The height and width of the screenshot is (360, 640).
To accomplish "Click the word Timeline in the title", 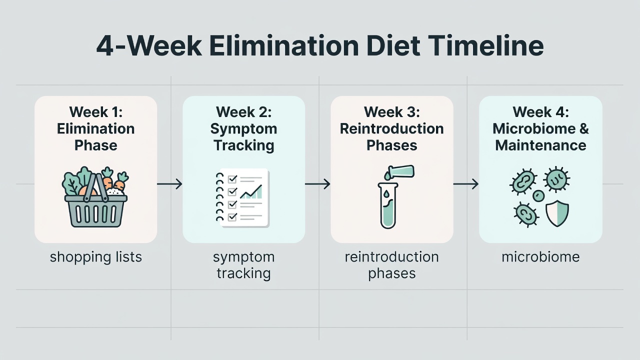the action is click(485, 46).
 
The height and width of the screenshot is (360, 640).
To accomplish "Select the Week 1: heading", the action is click(95, 111).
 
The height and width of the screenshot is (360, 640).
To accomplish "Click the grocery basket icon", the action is click(95, 197).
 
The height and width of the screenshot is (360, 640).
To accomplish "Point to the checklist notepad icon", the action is click(243, 198).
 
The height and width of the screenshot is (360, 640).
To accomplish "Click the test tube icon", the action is click(387, 205).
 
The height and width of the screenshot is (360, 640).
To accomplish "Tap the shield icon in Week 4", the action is click(557, 213).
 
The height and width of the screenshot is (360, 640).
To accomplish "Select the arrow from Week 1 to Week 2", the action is click(169, 184).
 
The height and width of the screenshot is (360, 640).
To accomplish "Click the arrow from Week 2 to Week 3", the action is click(317, 184).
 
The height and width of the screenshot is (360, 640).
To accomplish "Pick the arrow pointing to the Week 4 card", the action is click(466, 184).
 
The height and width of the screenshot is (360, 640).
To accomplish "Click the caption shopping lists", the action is click(95, 257).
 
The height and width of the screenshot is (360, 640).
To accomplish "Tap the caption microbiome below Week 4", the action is click(540, 257).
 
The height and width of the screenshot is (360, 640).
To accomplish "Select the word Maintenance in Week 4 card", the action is click(540, 145).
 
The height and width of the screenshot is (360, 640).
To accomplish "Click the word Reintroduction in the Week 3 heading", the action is click(391, 129).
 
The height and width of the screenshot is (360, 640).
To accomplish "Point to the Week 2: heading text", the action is click(243, 111).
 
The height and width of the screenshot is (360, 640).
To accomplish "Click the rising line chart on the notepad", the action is click(251, 192).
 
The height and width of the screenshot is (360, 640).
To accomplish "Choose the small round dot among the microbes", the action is click(538, 196).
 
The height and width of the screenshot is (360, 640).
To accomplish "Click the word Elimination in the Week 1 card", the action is click(95, 129).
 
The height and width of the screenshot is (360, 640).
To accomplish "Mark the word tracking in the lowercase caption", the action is click(243, 273).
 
